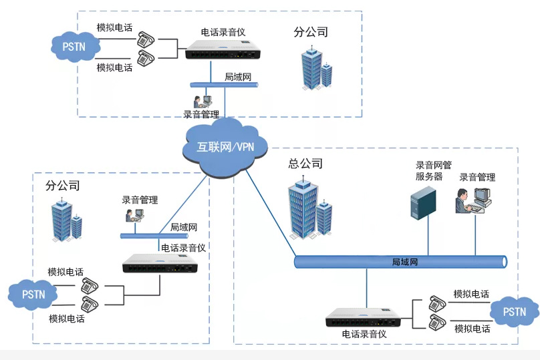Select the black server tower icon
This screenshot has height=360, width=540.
pos(423,203)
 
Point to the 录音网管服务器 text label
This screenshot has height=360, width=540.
pos(434,171)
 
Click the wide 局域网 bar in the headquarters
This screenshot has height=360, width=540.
pos(401,262)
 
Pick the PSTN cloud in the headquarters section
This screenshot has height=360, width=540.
pos(514,312)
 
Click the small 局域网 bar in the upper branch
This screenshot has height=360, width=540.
pos(224,85)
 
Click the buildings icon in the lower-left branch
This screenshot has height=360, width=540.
pos(66,220)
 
